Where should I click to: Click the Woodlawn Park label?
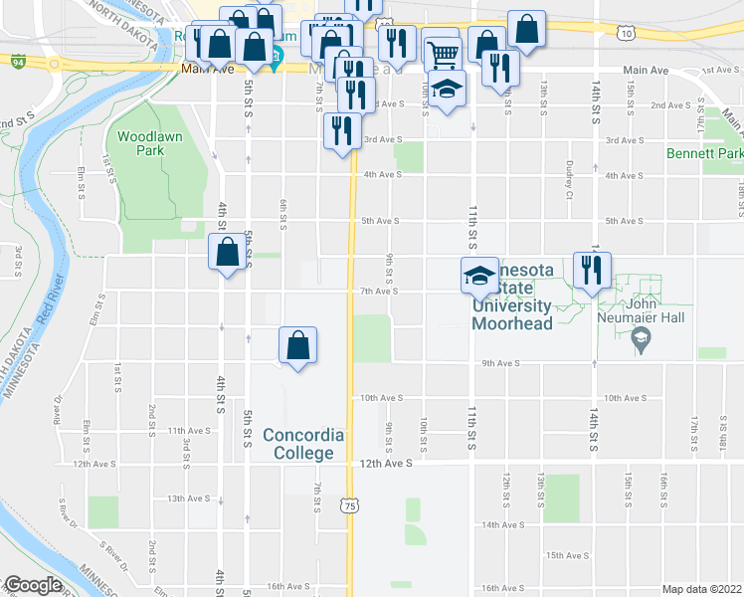point(139,142)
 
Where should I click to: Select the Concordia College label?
point(303,444)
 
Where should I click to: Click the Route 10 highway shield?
point(625,34)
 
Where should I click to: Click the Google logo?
point(33,585)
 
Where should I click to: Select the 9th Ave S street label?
point(502,364)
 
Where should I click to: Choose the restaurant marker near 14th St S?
point(592,270)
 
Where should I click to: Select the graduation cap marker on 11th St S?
point(479,275)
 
